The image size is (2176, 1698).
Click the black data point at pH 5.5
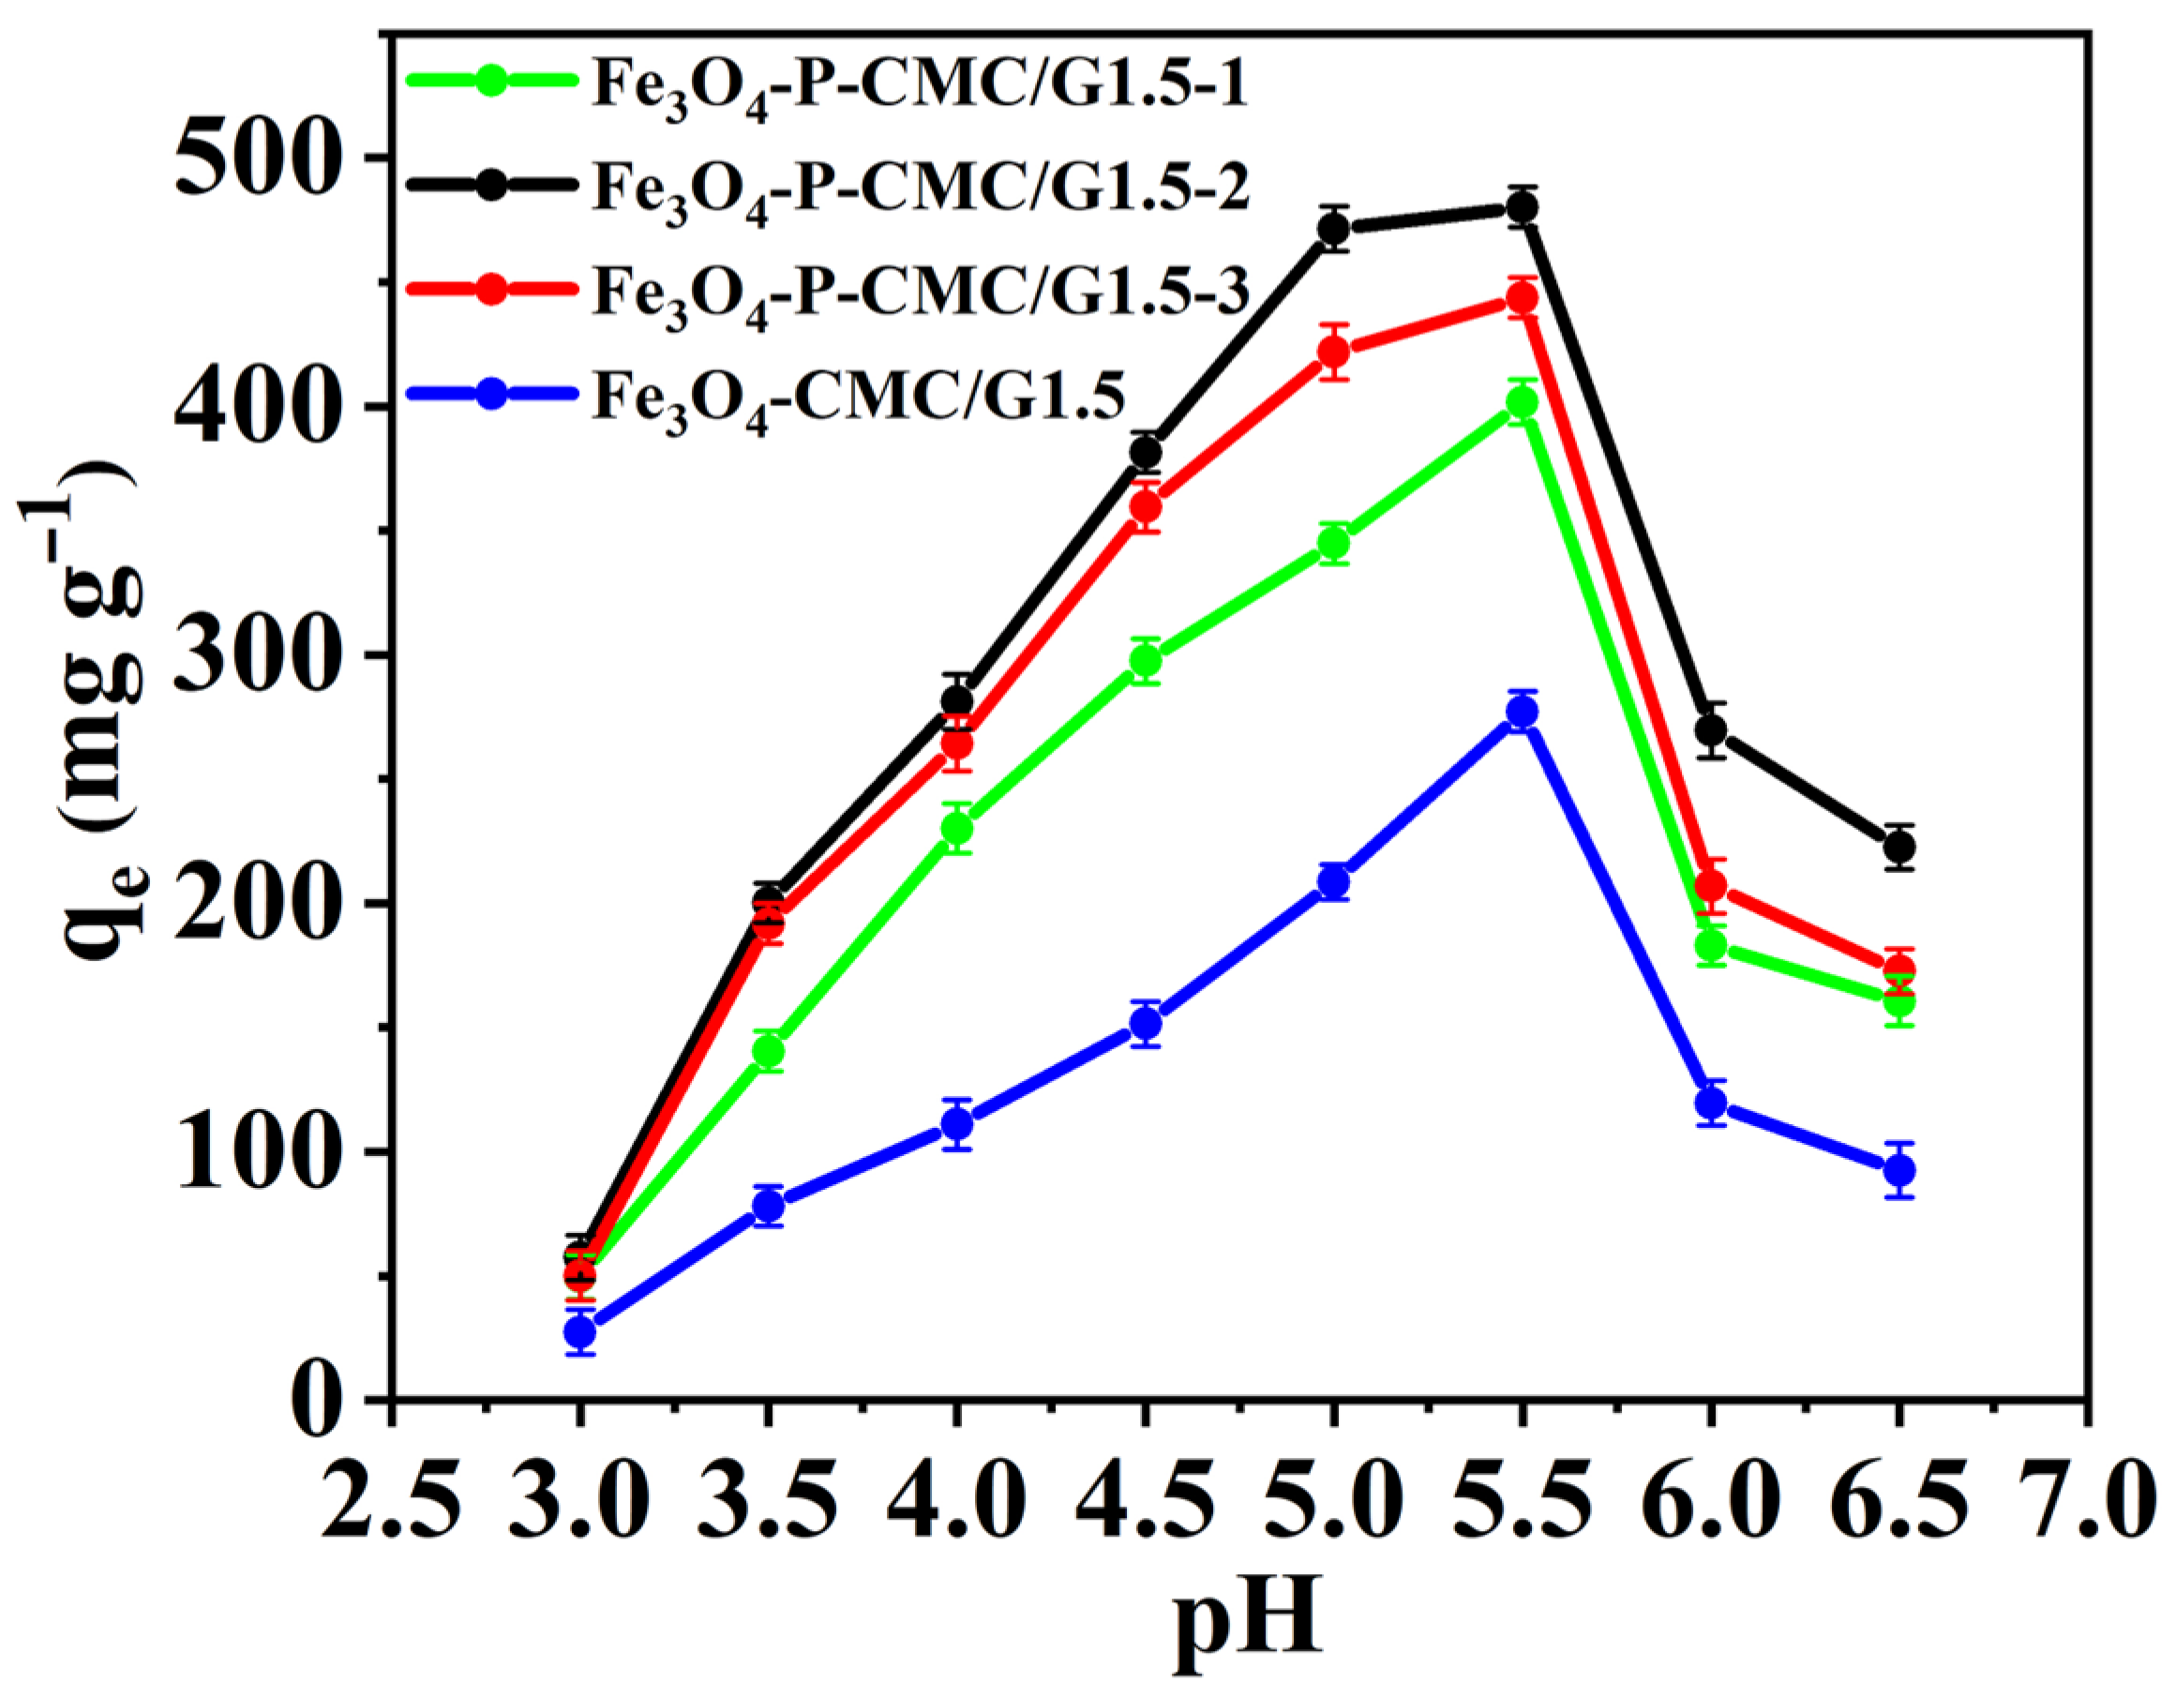click(x=1521, y=207)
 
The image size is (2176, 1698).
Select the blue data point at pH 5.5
click(x=1521, y=712)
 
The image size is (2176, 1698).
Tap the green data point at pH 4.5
click(x=1146, y=661)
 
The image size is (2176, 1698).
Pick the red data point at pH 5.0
click(x=1333, y=352)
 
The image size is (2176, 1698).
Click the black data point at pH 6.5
click(x=1899, y=847)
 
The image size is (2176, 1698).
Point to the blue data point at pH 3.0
click(x=580, y=1331)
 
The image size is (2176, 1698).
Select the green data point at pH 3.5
click(x=768, y=1051)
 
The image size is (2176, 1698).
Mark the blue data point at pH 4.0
click(x=956, y=1124)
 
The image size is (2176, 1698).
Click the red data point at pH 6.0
click(x=1711, y=886)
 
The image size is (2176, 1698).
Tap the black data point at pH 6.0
click(x=1711, y=730)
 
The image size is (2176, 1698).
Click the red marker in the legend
click(x=491, y=290)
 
